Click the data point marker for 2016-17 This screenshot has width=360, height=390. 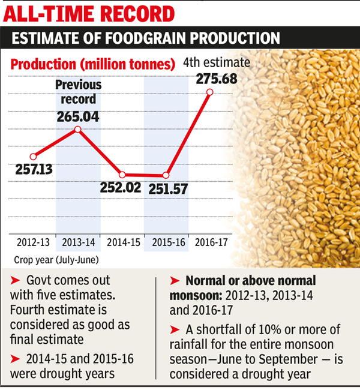click(210, 92)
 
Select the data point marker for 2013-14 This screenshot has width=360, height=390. click(77, 129)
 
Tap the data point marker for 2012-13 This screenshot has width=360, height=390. click(33, 155)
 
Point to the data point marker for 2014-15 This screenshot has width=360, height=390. click(122, 174)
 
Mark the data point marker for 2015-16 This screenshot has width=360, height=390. click(166, 175)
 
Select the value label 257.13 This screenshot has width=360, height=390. click(33, 170)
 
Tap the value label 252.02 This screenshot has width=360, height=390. click(121, 187)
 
